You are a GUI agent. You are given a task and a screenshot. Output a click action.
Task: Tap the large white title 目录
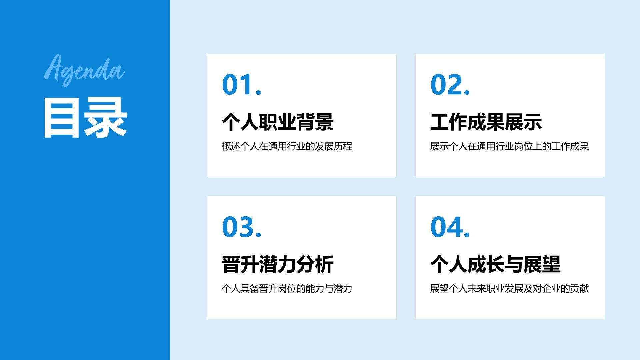(85, 118)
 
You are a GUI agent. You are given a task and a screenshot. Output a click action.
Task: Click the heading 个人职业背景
(278, 122)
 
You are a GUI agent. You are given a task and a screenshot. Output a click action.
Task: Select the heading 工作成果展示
(486, 122)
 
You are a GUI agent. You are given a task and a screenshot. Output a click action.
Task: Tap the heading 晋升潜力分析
(278, 264)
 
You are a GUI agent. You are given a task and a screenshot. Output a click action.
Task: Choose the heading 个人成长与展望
(495, 264)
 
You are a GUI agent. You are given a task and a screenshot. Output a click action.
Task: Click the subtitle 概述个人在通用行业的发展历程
(287, 146)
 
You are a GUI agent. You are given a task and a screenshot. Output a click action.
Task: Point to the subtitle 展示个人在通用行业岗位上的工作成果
(509, 146)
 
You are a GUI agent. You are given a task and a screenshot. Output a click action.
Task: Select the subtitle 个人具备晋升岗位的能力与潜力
(287, 289)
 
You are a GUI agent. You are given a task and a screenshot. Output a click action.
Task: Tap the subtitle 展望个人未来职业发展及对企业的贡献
(509, 289)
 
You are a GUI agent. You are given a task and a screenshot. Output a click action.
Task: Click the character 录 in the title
(106, 118)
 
